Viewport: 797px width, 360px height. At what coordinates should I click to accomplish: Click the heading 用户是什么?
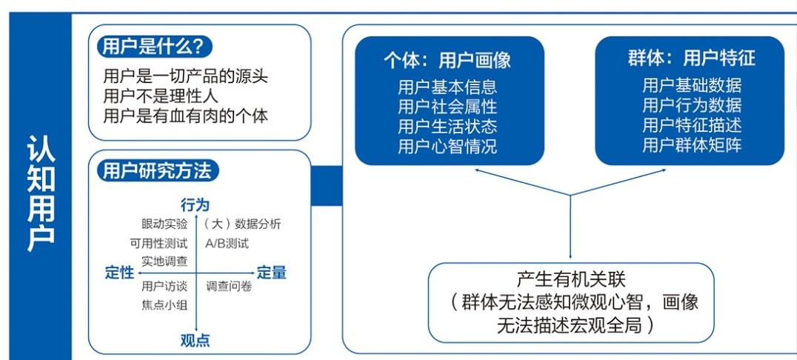[x=153, y=47]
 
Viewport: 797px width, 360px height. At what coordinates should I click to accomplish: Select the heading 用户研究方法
[x=156, y=171]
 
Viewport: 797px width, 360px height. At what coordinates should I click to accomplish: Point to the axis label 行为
[x=196, y=205]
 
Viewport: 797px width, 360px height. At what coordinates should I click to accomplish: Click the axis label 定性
[x=120, y=273]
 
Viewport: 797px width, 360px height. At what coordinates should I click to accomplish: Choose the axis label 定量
[x=271, y=273]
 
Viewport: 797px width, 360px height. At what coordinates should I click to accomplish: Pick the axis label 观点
[x=196, y=341]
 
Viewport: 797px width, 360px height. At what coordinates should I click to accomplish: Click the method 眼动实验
[x=164, y=224]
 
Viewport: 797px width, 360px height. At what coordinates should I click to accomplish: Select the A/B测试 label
[x=227, y=244]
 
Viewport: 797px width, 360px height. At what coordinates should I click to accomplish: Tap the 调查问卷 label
[x=229, y=286]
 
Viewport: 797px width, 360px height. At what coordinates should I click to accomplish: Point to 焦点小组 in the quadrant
[x=164, y=306]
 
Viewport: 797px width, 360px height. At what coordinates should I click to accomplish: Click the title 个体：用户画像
[x=447, y=61]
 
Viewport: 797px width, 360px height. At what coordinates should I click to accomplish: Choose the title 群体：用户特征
[x=691, y=58]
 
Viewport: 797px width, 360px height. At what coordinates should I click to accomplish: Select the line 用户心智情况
[x=447, y=147]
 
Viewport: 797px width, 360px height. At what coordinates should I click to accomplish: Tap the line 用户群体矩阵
[x=692, y=145]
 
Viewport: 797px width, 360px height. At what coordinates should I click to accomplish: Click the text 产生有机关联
[x=571, y=279]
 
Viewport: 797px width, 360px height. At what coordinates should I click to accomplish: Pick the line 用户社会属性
[x=447, y=106]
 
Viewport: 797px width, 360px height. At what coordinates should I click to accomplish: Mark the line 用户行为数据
[x=692, y=104]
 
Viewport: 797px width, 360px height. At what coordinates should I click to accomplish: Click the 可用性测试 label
[x=159, y=244]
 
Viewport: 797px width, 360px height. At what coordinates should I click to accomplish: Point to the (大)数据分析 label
[x=242, y=224]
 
